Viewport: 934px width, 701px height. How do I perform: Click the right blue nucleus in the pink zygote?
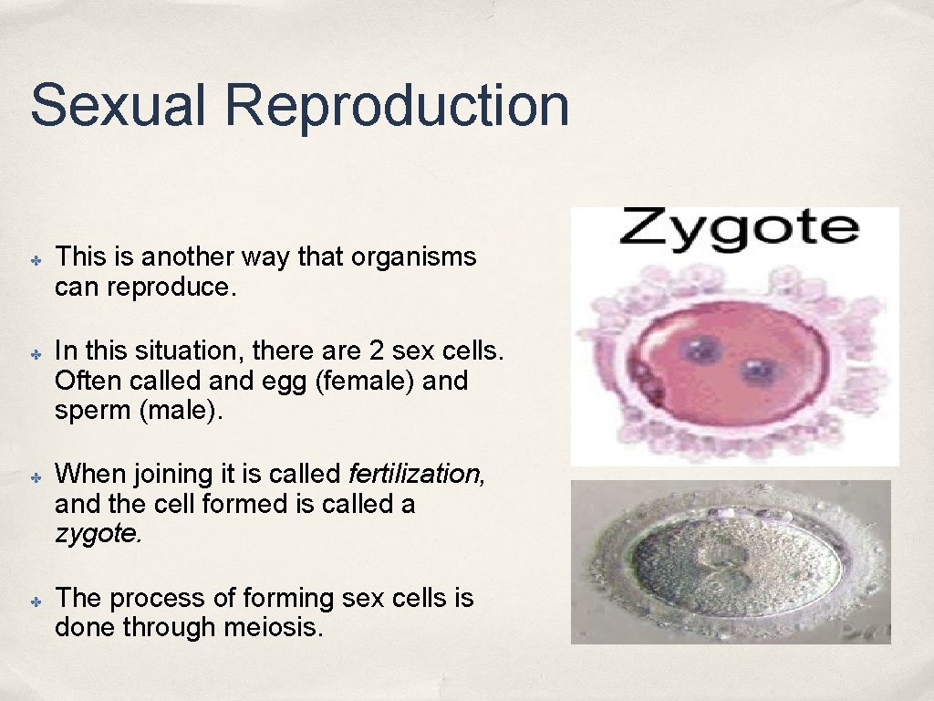[758, 371]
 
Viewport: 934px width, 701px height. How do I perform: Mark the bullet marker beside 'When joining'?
[31, 476]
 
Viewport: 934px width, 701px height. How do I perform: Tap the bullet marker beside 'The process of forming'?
[31, 602]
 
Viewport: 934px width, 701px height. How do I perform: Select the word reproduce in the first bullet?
[171, 288]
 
